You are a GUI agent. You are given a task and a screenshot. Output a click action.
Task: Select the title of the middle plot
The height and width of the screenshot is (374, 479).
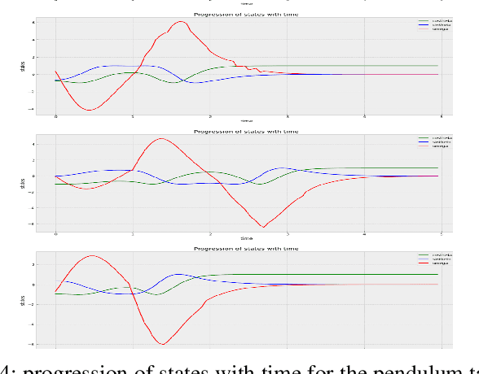pos(246,131)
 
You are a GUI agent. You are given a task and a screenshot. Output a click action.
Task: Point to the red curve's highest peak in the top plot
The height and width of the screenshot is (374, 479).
pos(181,22)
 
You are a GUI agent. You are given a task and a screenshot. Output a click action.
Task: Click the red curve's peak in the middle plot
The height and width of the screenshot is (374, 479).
pos(161,139)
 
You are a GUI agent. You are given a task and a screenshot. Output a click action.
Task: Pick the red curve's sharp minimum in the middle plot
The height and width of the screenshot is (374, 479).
pos(263,226)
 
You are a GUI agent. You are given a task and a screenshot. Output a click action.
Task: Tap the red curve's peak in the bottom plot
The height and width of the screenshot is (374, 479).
pos(93,256)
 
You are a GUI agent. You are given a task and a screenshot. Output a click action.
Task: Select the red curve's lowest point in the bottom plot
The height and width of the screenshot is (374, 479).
pos(163,344)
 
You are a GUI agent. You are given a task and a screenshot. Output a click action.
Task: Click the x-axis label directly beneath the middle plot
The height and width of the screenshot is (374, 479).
pos(246,238)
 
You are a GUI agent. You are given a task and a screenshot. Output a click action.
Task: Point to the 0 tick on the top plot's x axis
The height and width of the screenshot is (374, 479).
pos(56,117)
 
